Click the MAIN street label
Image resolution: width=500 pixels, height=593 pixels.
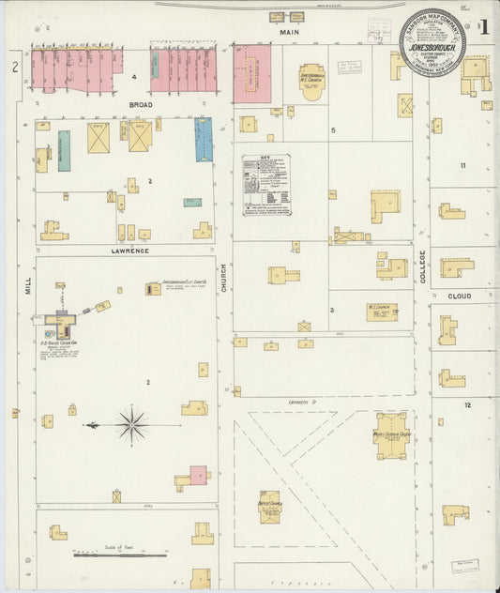(x=288, y=32)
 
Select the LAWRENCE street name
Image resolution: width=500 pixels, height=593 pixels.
(x=129, y=251)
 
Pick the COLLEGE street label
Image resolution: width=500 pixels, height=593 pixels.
(x=422, y=266)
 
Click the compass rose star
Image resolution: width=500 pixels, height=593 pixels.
(x=132, y=425)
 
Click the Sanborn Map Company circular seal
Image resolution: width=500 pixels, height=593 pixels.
(x=432, y=42)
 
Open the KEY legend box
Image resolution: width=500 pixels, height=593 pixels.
(x=265, y=186)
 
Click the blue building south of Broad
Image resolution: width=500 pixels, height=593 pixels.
(x=204, y=139)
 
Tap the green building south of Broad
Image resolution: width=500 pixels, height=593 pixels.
(x=64, y=150)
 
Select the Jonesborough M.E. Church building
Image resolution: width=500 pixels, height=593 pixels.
(x=312, y=83)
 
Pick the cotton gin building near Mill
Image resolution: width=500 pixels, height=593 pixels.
(x=62, y=324)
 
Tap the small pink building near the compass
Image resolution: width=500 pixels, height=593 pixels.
(x=198, y=475)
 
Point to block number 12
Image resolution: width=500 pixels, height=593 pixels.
(x=466, y=404)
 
